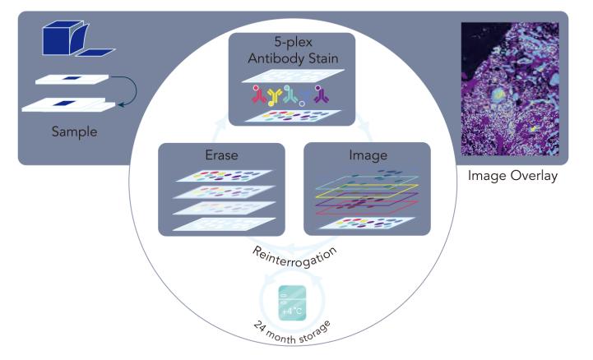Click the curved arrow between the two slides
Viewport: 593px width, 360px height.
123,90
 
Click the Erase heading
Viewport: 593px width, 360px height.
221,154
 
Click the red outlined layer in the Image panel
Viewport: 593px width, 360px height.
366,209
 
